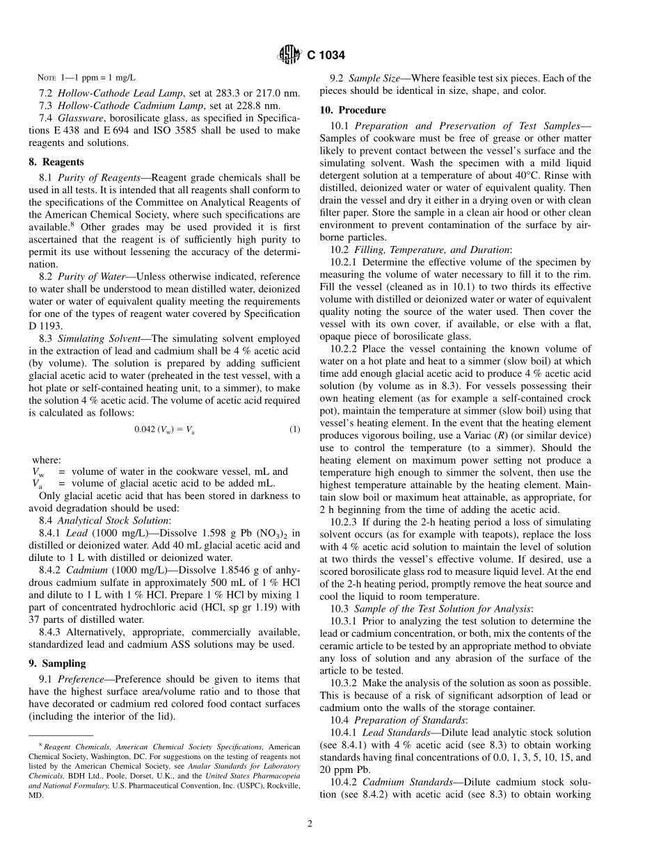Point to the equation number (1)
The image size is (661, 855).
[294, 430]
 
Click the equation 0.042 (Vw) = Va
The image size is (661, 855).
[164, 430]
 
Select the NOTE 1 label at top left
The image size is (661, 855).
[54, 79]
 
